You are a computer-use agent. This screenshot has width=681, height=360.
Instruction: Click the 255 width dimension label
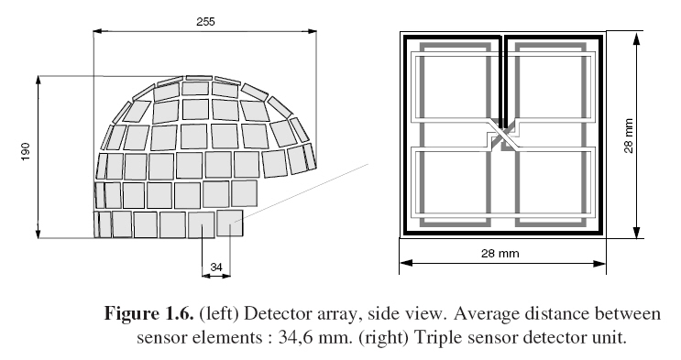point(205,21)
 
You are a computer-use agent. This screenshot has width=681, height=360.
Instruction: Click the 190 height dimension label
point(26,151)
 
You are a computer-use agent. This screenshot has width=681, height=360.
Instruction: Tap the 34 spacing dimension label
point(216,267)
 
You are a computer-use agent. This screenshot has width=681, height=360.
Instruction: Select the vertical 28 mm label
point(629,136)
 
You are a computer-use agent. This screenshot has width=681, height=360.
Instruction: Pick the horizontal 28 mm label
point(500,253)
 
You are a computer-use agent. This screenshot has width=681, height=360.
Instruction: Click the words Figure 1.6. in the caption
point(148,313)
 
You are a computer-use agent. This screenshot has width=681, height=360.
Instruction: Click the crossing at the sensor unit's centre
point(503,135)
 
